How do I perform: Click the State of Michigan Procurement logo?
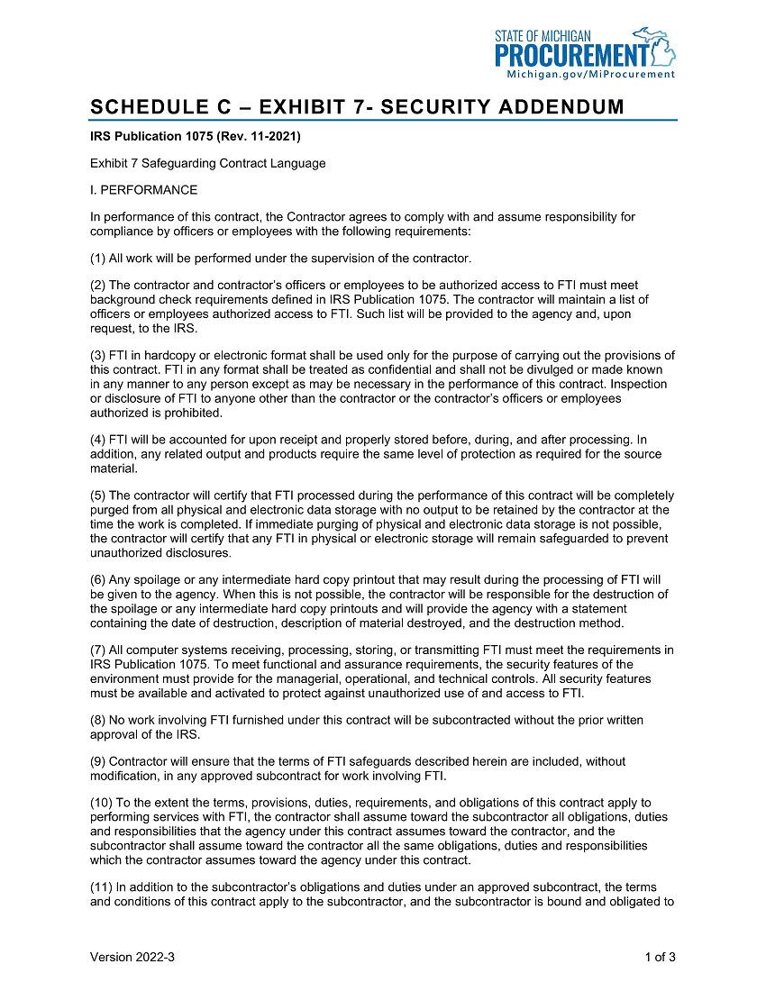(x=584, y=49)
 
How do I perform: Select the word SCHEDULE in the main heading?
(x=147, y=107)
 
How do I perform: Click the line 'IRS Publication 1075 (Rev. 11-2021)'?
(x=195, y=137)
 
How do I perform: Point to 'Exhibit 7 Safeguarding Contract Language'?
(x=207, y=163)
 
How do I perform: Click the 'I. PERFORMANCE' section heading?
(x=143, y=190)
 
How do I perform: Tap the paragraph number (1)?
(x=98, y=259)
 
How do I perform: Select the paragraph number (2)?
(x=98, y=286)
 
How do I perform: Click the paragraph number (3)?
(x=98, y=355)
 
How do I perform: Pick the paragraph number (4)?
(x=98, y=440)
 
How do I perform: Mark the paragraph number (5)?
(x=98, y=495)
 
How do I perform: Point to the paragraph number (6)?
(x=98, y=579)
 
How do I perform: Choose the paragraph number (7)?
(x=98, y=650)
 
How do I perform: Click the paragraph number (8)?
(x=98, y=720)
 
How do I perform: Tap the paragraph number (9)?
(x=98, y=761)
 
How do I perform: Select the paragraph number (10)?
(x=102, y=803)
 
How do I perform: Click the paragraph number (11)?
(x=102, y=886)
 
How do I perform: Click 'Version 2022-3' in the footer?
(x=132, y=958)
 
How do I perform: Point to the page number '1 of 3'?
(x=661, y=958)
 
